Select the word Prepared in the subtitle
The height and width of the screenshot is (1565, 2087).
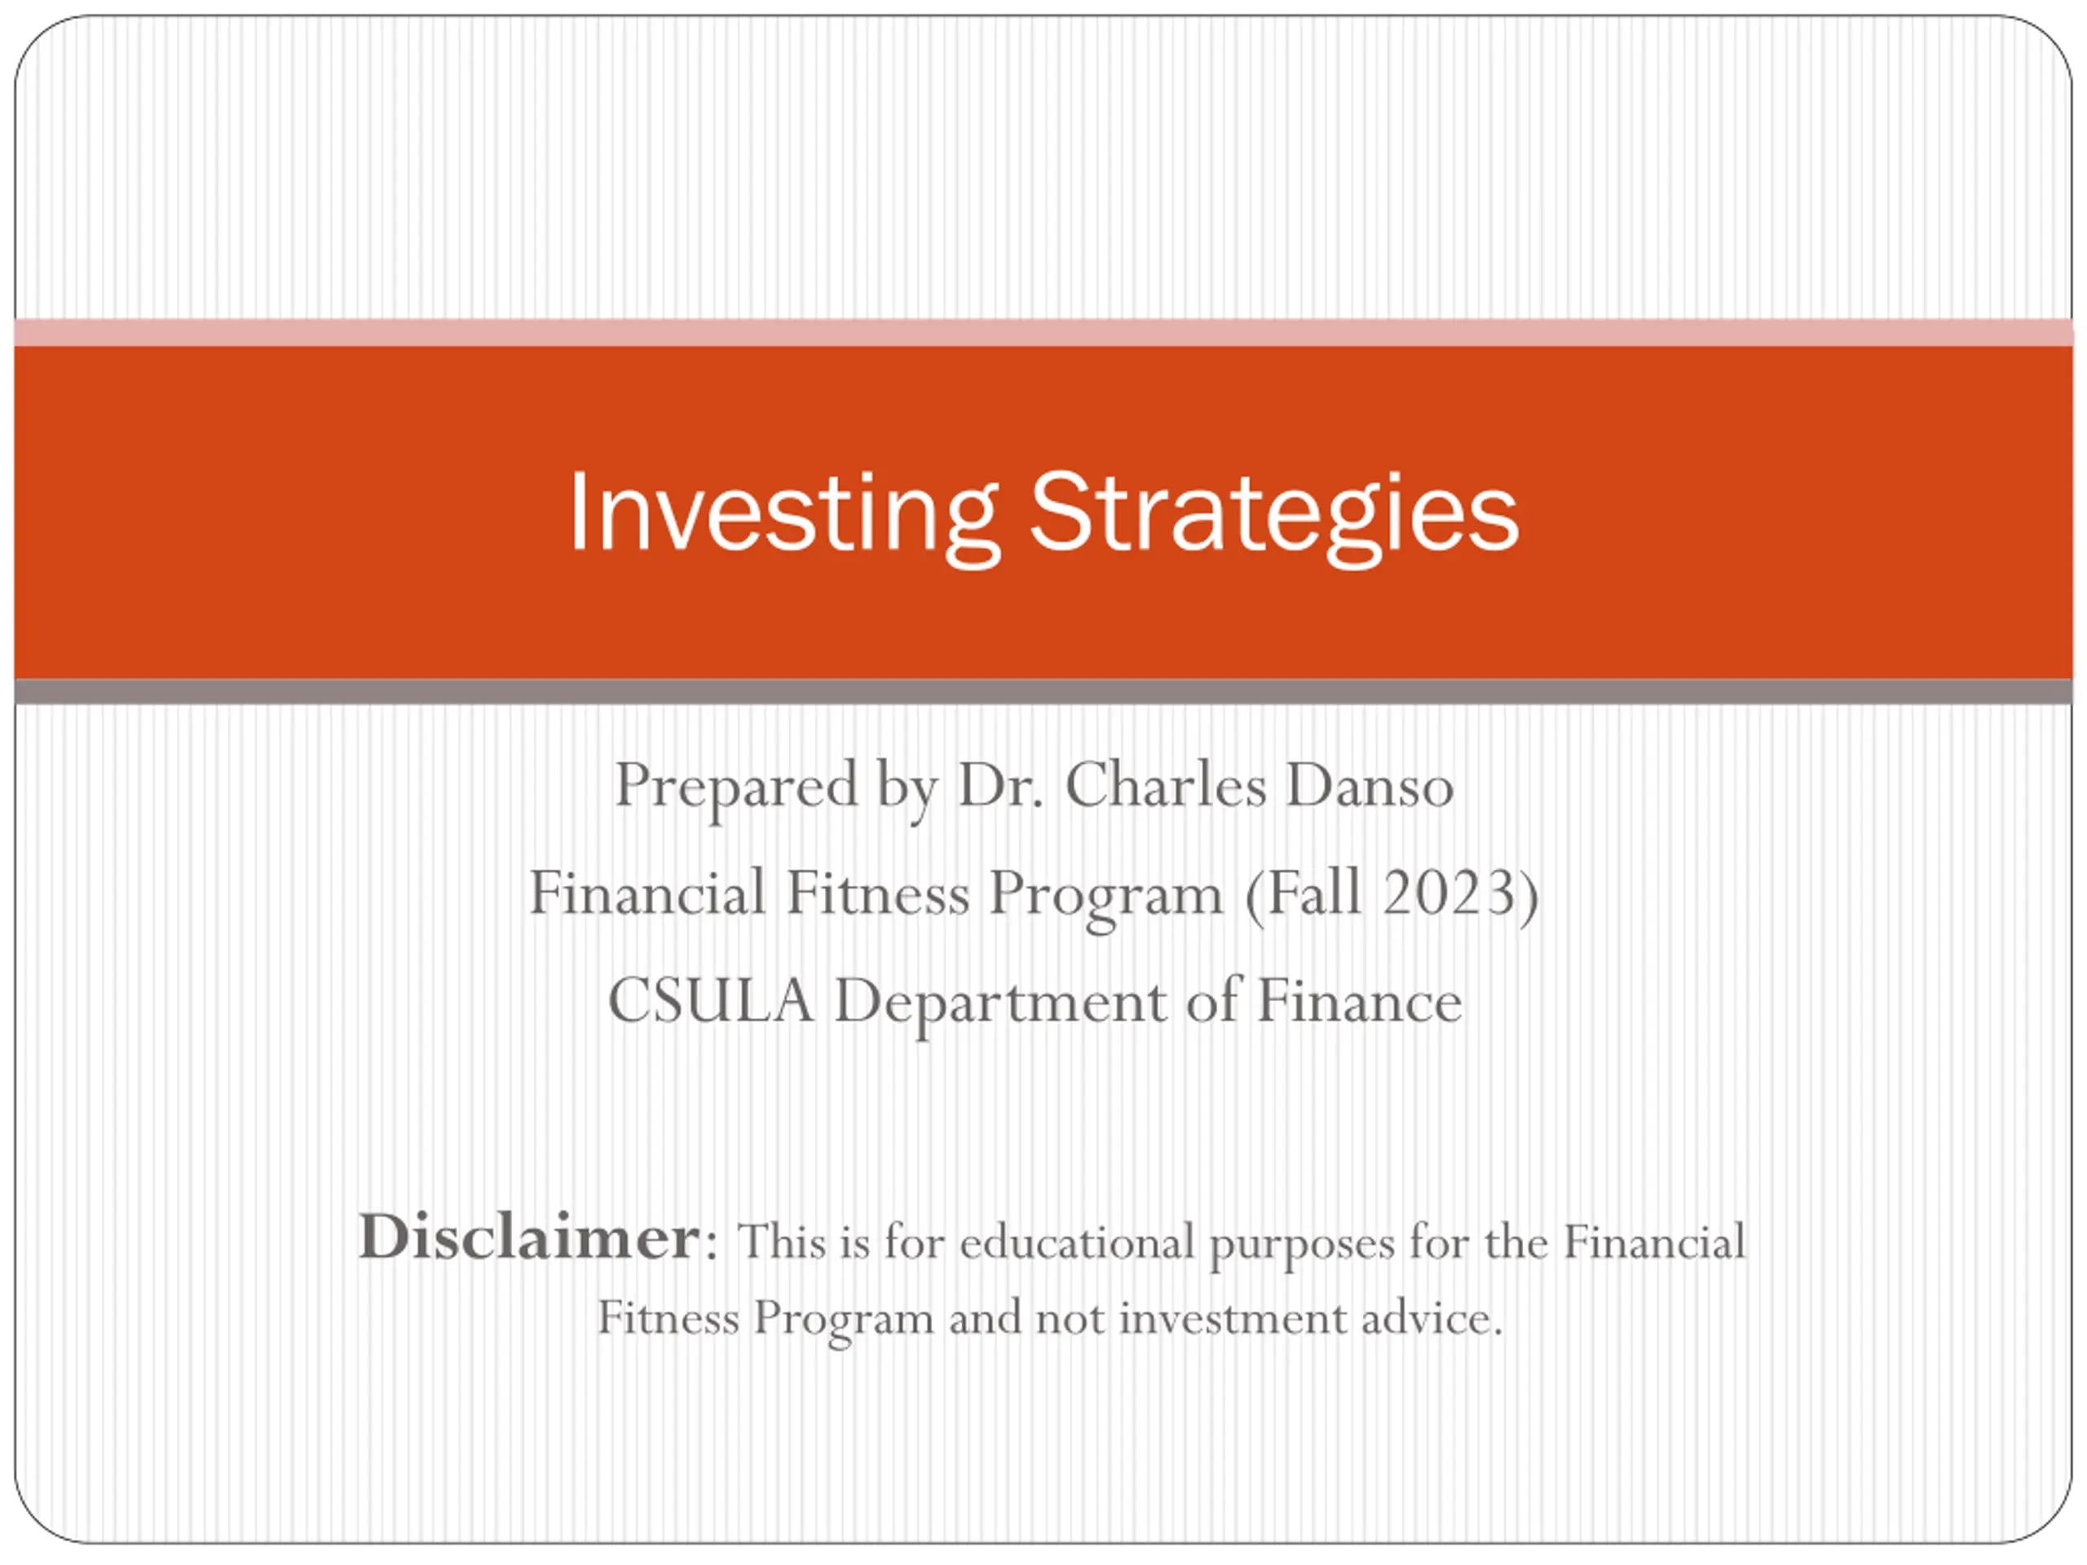pos(736,787)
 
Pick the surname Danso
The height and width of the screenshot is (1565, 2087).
pos(1369,785)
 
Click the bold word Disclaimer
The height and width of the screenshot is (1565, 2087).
pos(529,1237)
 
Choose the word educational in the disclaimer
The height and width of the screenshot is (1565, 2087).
pos(1078,1241)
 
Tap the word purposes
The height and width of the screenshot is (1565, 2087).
pos(1302,1245)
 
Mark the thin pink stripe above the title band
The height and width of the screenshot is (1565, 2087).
pos(1043,333)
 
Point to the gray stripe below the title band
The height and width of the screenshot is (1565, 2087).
pos(1043,691)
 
